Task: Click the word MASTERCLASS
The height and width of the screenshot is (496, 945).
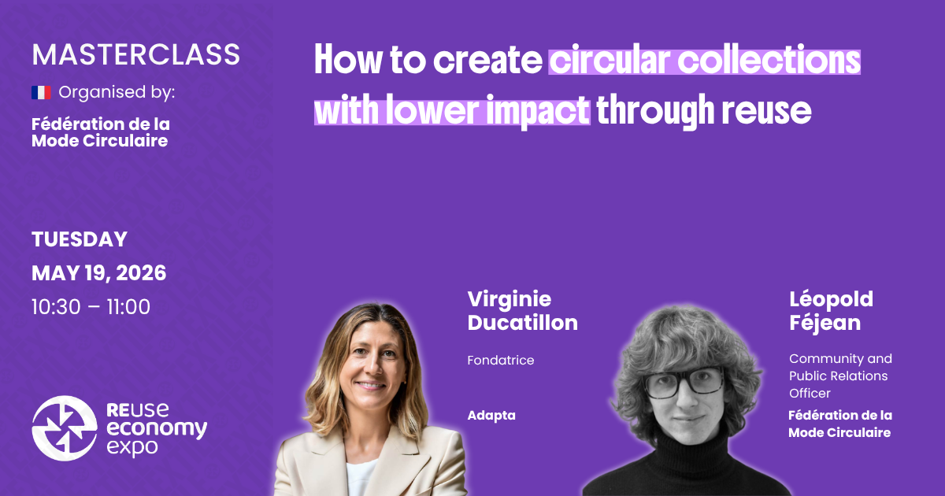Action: pyautogui.click(x=135, y=54)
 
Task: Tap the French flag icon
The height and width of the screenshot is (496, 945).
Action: pyautogui.click(x=41, y=93)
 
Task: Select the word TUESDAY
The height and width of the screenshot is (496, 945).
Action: pyautogui.click(x=79, y=239)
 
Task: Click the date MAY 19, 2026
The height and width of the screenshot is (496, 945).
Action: pyautogui.click(x=98, y=273)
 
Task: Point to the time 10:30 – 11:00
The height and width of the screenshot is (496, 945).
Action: pyautogui.click(x=91, y=307)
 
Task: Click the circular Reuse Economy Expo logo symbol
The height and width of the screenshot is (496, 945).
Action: pyautogui.click(x=65, y=428)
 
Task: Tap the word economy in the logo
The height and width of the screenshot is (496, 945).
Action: pyautogui.click(x=156, y=429)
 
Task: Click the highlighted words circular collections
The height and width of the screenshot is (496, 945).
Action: pyautogui.click(x=704, y=61)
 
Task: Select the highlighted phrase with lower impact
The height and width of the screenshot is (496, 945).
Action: pyautogui.click(x=451, y=111)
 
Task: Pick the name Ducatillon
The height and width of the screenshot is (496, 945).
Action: pyautogui.click(x=522, y=323)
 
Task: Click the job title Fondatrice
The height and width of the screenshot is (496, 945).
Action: pyautogui.click(x=500, y=361)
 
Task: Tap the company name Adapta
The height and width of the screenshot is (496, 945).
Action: pyautogui.click(x=491, y=415)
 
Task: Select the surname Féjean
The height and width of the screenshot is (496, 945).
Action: pyautogui.click(x=825, y=323)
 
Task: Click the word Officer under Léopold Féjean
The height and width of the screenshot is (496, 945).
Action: pyautogui.click(x=810, y=393)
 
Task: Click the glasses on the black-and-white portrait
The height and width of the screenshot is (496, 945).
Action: pyautogui.click(x=684, y=382)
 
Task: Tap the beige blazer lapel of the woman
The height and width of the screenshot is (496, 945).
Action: pyautogui.click(x=315, y=465)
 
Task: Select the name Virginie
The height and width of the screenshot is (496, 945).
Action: pyautogui.click(x=509, y=299)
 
